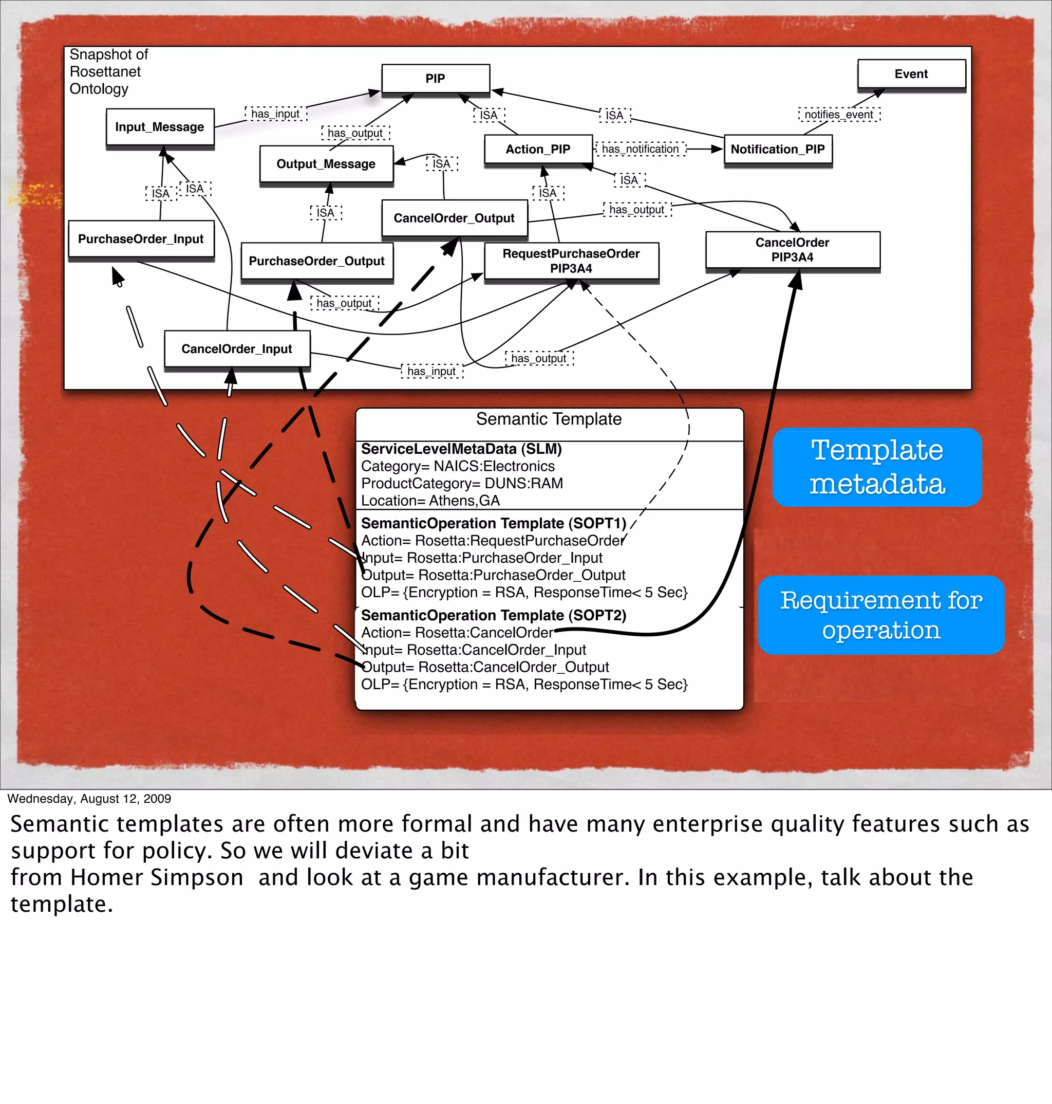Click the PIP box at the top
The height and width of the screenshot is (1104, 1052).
[x=435, y=79]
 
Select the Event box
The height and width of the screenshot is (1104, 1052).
[x=911, y=74]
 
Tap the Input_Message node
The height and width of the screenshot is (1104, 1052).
[x=160, y=127]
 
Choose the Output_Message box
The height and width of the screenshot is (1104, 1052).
[x=326, y=164]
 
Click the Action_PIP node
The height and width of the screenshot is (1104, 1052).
[x=538, y=149]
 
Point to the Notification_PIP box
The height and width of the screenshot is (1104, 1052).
[x=777, y=149]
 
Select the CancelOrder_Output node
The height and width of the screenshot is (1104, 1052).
[x=454, y=218]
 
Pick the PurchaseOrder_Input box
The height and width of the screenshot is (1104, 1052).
[x=141, y=239]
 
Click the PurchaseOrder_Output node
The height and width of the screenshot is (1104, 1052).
[x=317, y=261]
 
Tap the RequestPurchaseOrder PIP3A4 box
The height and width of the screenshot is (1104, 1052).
[x=571, y=261]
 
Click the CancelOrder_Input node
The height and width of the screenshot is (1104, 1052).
[x=237, y=349]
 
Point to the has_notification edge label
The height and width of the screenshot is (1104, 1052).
[x=641, y=149]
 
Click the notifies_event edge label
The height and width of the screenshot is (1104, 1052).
[x=839, y=115]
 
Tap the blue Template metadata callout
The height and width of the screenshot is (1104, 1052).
[x=876, y=467]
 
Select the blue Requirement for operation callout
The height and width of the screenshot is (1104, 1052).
[x=880, y=615]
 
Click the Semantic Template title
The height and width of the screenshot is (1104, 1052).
[x=549, y=419]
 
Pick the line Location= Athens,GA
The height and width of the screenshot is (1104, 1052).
[x=430, y=501]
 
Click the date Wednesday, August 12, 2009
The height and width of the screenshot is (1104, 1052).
[x=89, y=798]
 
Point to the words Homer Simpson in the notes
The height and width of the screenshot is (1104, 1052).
[x=157, y=878]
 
